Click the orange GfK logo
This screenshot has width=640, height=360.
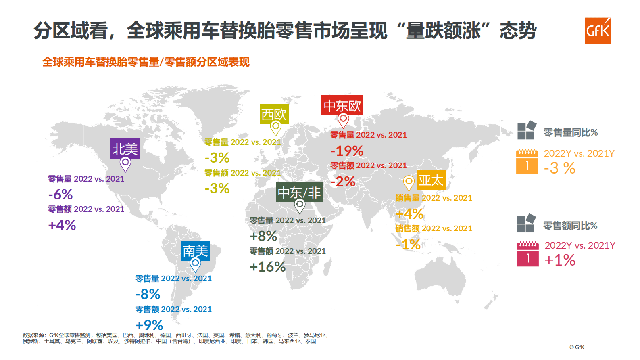[x=597, y=31]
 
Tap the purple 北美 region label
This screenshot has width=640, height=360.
[x=125, y=149]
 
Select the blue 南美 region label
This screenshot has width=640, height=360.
[x=195, y=251]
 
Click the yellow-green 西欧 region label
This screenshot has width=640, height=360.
[x=274, y=114]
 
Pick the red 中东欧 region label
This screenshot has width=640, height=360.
[x=342, y=105]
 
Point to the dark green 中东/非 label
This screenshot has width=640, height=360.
[x=299, y=192]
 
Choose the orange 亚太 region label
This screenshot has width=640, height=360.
[x=431, y=180]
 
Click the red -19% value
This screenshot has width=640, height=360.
[x=347, y=151]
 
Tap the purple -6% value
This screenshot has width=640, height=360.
[x=60, y=195]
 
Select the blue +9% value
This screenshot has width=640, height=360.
[x=149, y=325]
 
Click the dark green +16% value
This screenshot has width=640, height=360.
[x=267, y=267]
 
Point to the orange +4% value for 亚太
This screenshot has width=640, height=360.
[x=409, y=213]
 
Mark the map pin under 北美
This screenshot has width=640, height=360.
[x=125, y=164]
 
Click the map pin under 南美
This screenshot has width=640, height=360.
[x=195, y=265]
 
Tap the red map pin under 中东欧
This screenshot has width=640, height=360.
[x=343, y=120]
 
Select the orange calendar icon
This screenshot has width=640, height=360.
[x=527, y=161]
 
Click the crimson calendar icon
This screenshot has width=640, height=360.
[x=527, y=254]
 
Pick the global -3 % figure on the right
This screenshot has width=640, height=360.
[x=559, y=168]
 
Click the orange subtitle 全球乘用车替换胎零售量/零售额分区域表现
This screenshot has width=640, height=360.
[x=146, y=62]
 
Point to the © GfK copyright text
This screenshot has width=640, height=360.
[x=577, y=347]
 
